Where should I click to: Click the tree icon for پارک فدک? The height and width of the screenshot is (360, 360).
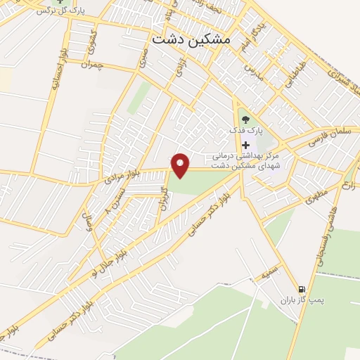[x=245, y=120]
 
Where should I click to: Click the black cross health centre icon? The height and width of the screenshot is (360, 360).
[x=245, y=145]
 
